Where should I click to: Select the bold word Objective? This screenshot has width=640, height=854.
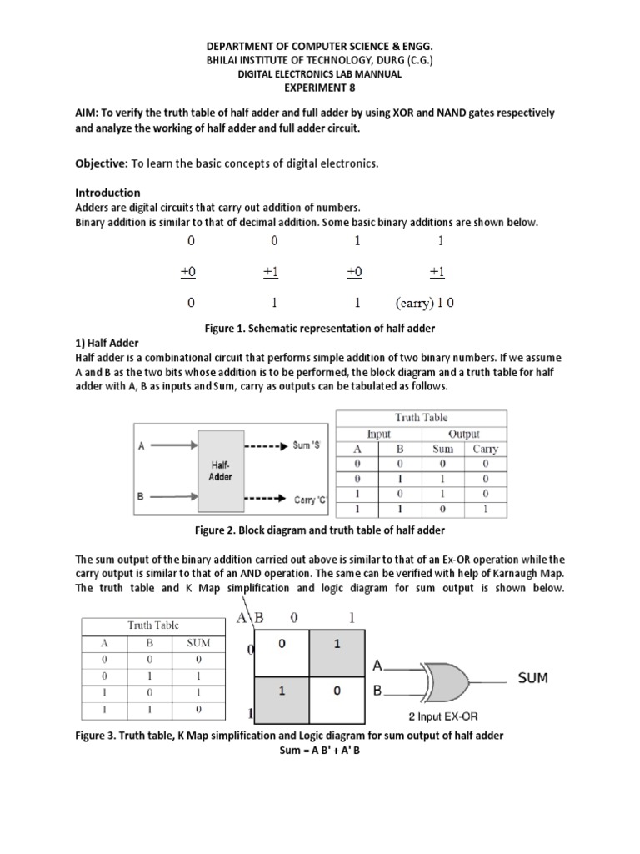coord(102,163)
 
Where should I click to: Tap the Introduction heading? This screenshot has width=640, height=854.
coord(107,193)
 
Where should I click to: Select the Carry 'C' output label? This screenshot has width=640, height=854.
coord(312,500)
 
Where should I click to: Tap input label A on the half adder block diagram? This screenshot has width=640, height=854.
coord(142,446)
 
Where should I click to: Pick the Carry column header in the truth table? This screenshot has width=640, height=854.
coord(484,449)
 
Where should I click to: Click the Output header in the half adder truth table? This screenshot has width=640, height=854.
coord(463,434)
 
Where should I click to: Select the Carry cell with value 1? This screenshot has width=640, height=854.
coord(484,508)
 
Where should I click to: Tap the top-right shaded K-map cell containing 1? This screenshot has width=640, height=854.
coord(337,644)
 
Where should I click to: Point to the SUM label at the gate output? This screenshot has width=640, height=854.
coord(533,678)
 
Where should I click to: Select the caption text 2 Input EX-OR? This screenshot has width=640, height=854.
coord(443,716)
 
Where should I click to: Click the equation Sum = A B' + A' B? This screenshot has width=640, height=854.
coord(319,750)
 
